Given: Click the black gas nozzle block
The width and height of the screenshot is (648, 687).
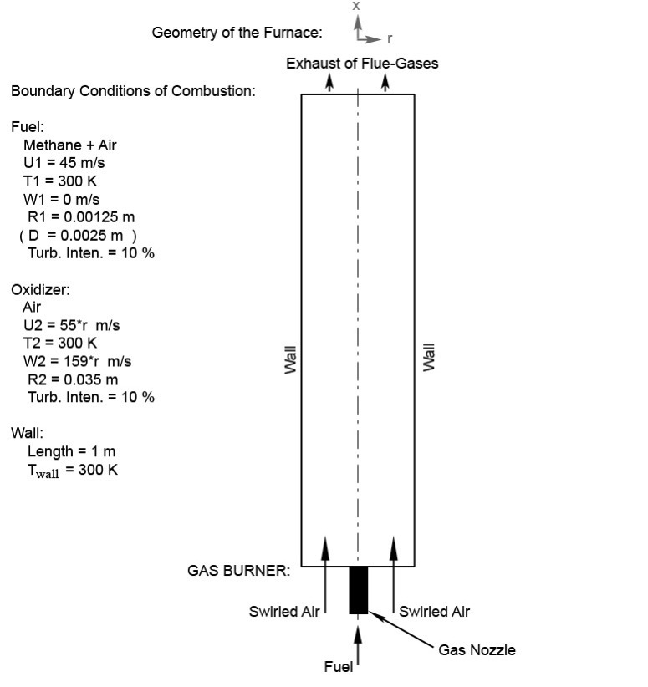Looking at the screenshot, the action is click(x=358, y=590).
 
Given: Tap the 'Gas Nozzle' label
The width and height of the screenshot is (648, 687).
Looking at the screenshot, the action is click(x=477, y=649).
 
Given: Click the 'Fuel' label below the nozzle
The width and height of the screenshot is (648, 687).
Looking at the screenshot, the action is click(x=338, y=666).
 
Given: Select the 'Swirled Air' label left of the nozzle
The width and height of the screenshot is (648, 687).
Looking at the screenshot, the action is click(x=284, y=611).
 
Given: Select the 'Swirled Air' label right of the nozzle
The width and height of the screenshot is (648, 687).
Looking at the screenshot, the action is click(x=434, y=611).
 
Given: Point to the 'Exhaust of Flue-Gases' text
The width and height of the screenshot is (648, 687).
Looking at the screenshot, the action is click(x=362, y=63).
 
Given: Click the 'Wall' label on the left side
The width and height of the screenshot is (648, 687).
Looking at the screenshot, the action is click(x=290, y=359).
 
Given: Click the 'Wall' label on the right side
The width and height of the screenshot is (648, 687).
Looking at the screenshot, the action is click(x=428, y=358).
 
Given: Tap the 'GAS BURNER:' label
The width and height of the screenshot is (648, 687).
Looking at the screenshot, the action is click(x=238, y=571).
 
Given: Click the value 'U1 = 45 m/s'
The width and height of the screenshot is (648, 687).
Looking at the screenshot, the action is click(x=64, y=162).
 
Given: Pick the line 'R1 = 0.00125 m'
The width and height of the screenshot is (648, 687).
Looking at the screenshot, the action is click(x=81, y=216).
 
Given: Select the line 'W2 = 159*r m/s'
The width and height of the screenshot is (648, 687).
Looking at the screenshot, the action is click(x=77, y=361).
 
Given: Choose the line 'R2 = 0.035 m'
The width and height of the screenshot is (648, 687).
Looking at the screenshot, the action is click(x=73, y=379).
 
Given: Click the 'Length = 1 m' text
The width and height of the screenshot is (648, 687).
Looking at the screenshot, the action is click(x=71, y=451).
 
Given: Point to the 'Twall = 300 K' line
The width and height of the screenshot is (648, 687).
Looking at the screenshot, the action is click(x=73, y=471).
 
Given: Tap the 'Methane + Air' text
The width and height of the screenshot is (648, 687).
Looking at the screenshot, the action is click(x=70, y=145).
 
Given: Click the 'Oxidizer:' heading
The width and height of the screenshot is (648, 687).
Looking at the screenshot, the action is click(x=40, y=290).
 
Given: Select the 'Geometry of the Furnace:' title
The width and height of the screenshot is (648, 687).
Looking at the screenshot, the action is click(x=237, y=33).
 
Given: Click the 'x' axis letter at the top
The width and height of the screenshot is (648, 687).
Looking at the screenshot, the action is click(x=356, y=6).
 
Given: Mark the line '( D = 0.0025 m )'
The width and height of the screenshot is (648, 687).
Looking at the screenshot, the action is click(x=78, y=236).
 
